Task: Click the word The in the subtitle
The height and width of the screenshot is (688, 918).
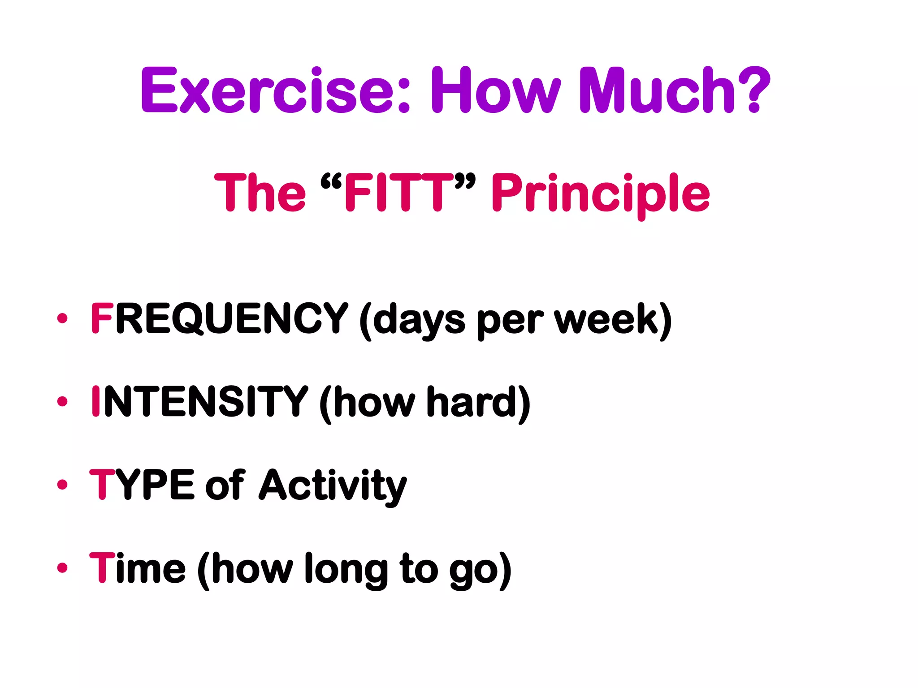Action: coord(260,193)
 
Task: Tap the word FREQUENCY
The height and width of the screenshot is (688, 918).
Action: coord(220,319)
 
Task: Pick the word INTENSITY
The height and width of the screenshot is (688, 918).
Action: coord(199,402)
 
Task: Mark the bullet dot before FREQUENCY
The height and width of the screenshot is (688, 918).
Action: coord(62,318)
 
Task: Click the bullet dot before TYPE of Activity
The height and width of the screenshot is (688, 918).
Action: coord(62,485)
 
